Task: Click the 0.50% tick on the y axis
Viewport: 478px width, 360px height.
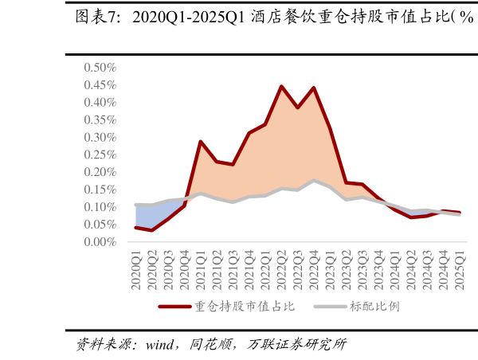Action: point(100,67)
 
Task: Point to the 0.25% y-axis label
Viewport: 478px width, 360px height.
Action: point(100,155)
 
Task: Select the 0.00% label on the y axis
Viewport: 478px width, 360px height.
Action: point(100,242)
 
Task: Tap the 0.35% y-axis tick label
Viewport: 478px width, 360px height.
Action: point(100,119)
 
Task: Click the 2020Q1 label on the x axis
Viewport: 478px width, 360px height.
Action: point(136,271)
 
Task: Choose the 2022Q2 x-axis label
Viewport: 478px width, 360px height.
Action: point(281,271)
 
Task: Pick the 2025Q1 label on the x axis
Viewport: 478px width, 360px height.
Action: point(459,271)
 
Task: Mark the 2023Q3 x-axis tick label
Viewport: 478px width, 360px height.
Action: point(362,271)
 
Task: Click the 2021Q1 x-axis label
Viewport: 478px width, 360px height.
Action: point(201,271)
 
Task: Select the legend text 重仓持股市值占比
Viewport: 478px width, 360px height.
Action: point(245,307)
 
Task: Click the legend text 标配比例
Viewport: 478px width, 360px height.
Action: point(374,307)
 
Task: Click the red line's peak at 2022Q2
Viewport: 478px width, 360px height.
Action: point(281,86)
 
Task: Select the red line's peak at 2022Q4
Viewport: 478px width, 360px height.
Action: point(314,88)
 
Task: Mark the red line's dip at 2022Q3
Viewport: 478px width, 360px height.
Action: point(298,108)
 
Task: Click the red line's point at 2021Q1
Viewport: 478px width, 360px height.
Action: point(201,142)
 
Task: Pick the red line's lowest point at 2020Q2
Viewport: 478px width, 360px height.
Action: point(152,230)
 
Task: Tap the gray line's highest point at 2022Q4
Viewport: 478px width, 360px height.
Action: point(314,181)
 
